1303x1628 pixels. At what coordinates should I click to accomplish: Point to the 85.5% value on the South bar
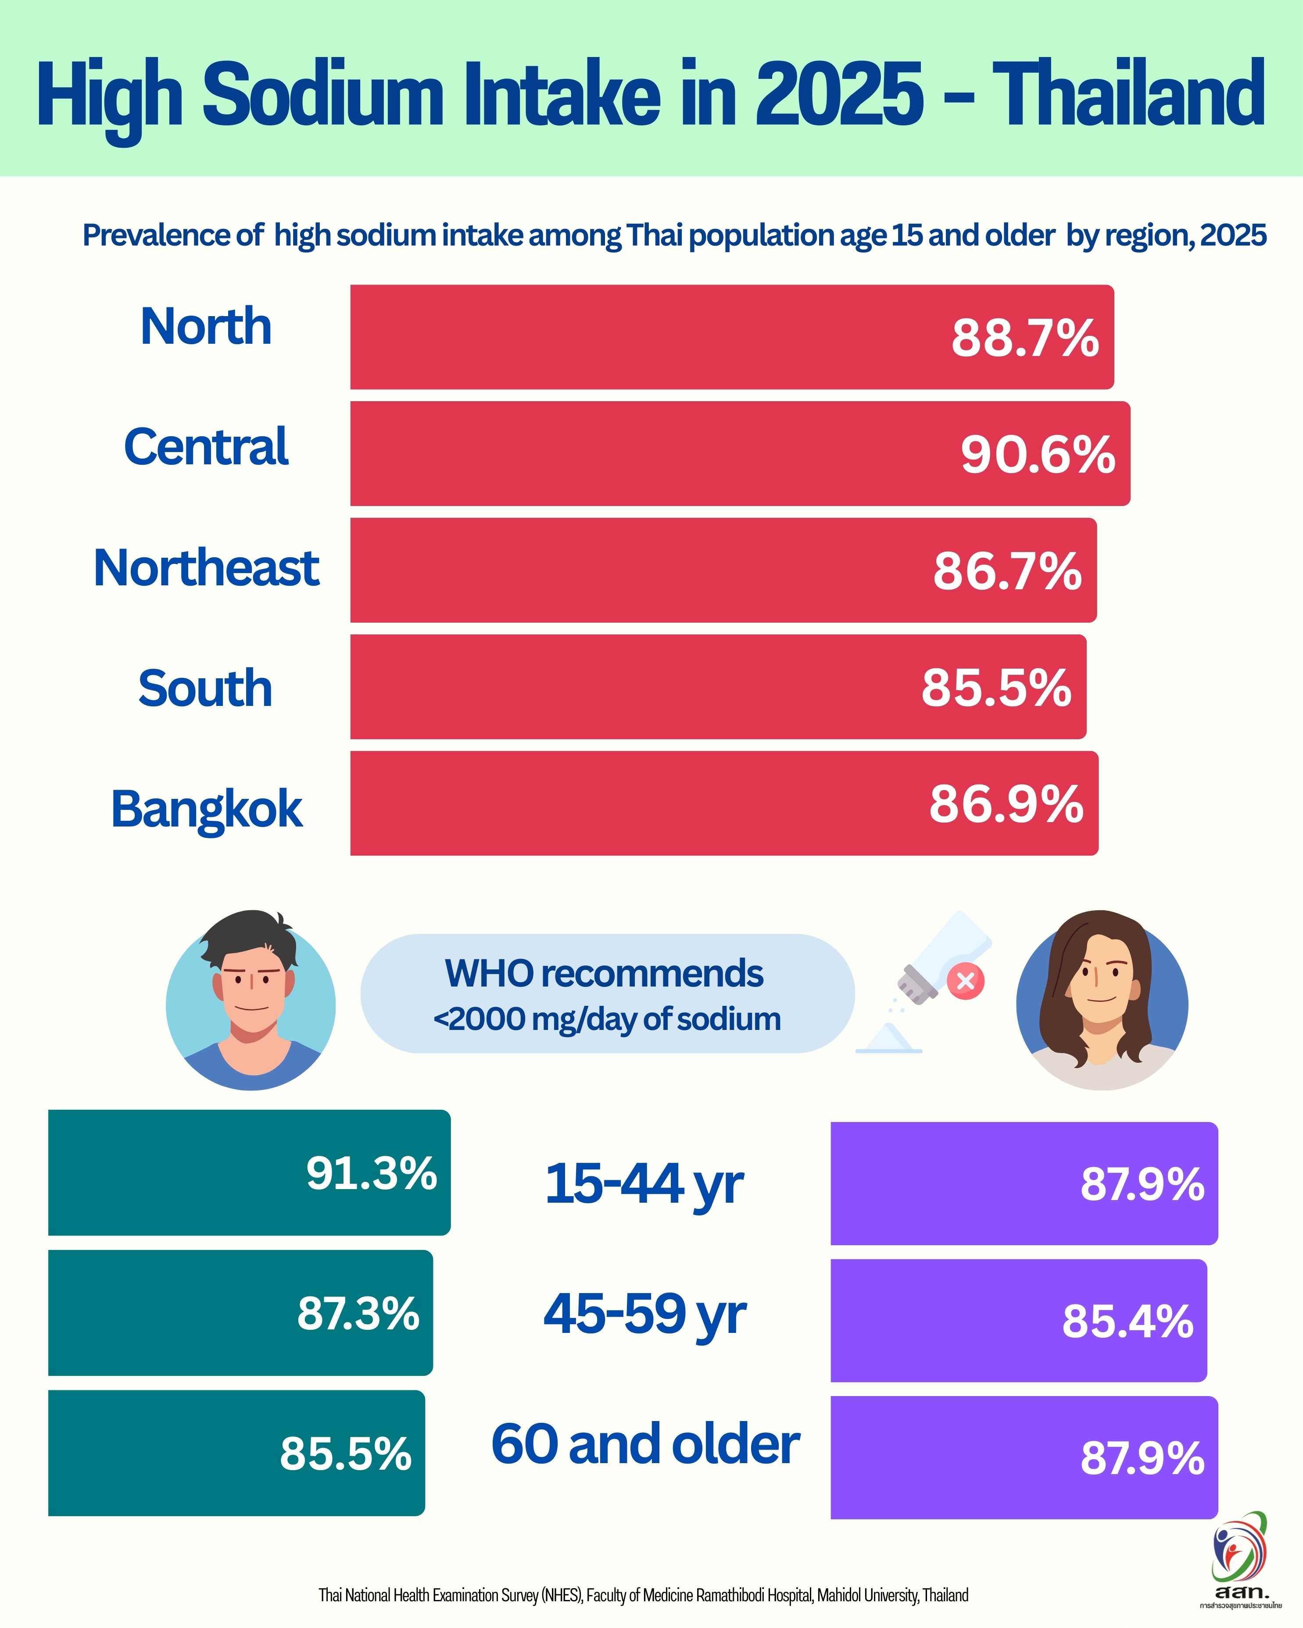(995, 688)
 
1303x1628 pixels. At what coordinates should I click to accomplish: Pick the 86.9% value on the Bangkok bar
(1006, 804)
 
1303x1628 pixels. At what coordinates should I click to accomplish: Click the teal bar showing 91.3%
(249, 1173)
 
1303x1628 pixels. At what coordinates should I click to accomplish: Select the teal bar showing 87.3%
(240, 1313)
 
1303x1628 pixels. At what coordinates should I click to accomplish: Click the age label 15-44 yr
(644, 1184)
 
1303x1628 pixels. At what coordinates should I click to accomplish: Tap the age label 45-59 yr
(644, 1315)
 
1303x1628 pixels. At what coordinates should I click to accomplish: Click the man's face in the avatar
(251, 985)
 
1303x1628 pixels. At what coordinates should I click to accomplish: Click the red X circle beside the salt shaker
(965, 981)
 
